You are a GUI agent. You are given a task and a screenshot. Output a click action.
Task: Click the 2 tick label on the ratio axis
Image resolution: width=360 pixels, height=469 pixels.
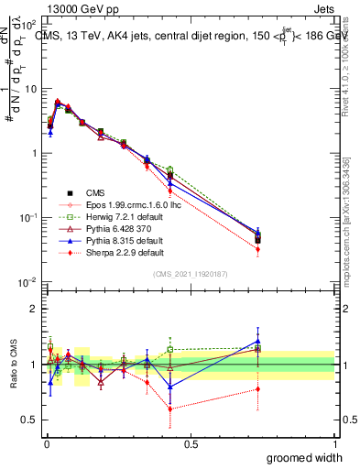tap(33, 309)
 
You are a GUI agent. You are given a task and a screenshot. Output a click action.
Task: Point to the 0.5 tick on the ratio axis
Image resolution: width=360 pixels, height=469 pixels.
tap(29, 421)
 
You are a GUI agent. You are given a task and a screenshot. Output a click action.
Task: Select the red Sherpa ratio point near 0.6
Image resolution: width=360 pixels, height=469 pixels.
tap(170, 409)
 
